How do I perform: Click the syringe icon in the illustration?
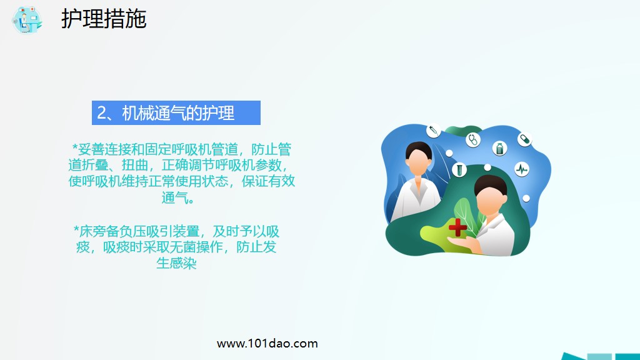click(433, 130)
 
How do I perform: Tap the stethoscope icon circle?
click(472, 139)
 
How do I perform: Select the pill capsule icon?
click(524, 139)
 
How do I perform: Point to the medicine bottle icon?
click(499, 148)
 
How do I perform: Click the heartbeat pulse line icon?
click(522, 169)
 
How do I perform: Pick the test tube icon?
click(459, 169)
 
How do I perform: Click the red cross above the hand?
click(457, 227)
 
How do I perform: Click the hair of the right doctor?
click(487, 182)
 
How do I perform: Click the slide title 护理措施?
click(104, 19)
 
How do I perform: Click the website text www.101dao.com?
click(267, 343)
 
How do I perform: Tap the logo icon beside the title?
click(27, 19)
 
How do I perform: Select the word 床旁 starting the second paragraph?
click(91, 231)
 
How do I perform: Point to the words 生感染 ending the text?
click(176, 263)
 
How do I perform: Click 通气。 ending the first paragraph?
click(181, 199)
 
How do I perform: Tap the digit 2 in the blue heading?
click(101, 113)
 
